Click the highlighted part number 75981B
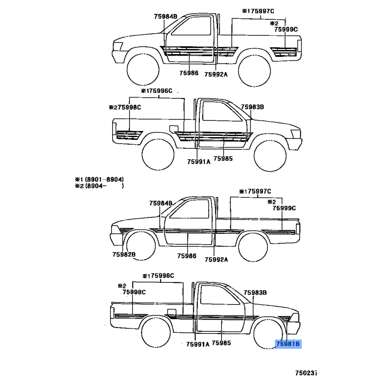point(288,344)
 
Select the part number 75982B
point(124,254)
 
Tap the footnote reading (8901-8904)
point(104,180)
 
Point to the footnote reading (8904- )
point(104,186)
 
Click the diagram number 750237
point(306,373)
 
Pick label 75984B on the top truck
point(166,16)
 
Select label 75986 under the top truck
point(189,73)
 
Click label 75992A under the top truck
point(216,74)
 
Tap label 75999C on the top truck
point(286,29)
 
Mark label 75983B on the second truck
point(253,107)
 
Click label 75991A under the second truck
point(199,162)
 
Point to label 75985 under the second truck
point(223,158)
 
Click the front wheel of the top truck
point(143,69)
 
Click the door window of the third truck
point(189,209)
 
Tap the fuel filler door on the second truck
point(173,129)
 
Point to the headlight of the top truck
point(118,46)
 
